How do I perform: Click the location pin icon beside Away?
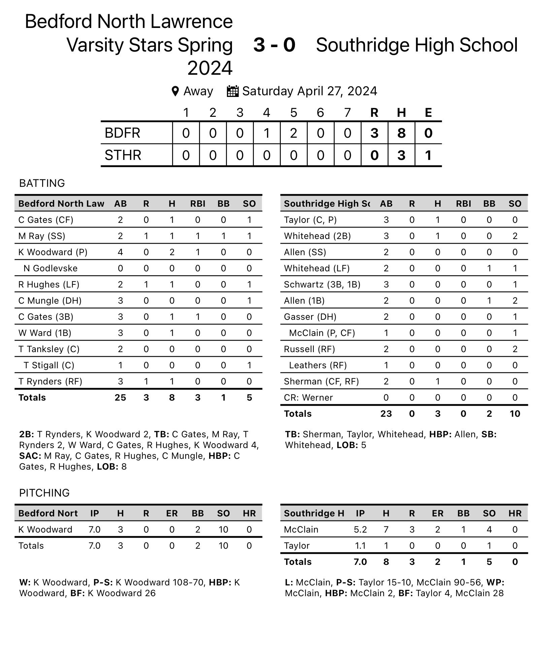pyautogui.click(x=175, y=91)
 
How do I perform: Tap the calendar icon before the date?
pyautogui.click(x=233, y=91)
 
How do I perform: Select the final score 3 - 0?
pyautogui.click(x=274, y=45)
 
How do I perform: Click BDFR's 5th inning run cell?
pyautogui.click(x=294, y=133)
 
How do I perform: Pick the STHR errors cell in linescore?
pyautogui.click(x=428, y=156)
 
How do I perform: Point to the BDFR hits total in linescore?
pyautogui.click(x=401, y=133)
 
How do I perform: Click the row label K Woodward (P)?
pyautogui.click(x=53, y=252)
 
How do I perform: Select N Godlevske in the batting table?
pyautogui.click(x=51, y=268)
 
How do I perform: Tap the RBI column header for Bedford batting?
pyautogui.click(x=198, y=204)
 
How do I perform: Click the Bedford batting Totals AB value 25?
pyautogui.click(x=120, y=398)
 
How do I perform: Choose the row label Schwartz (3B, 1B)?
pyautogui.click(x=322, y=284)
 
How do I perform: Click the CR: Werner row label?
pyautogui.click(x=308, y=398)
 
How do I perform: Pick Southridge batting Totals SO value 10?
pyautogui.click(x=515, y=414)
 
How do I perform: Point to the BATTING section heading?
pyautogui.click(x=42, y=183)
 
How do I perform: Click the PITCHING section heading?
pyautogui.click(x=44, y=493)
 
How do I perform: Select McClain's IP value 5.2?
pyautogui.click(x=360, y=530)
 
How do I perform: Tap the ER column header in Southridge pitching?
pyautogui.click(x=438, y=513)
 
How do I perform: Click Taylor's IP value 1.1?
pyautogui.click(x=360, y=546)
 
